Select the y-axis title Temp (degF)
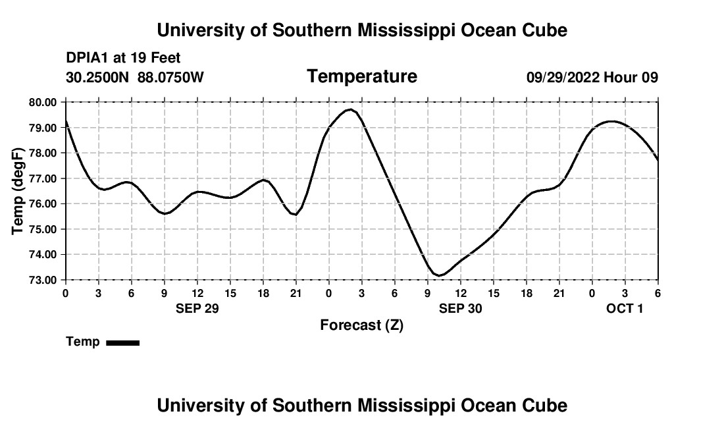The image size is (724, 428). click(x=18, y=191)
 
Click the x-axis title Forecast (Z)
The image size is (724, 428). click(x=361, y=325)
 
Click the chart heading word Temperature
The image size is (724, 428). click(x=362, y=76)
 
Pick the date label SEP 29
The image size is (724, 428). click(x=197, y=308)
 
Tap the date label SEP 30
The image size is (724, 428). click(x=461, y=308)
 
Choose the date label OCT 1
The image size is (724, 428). click(x=625, y=308)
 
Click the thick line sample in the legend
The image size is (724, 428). click(x=122, y=342)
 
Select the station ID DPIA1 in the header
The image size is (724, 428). click(x=88, y=59)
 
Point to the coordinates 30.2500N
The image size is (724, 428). click(x=99, y=78)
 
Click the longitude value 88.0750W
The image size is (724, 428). click(x=170, y=78)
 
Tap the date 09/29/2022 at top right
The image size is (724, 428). click(x=563, y=78)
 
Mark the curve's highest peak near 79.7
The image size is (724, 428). click(x=351, y=109)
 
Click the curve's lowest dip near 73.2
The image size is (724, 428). click(x=439, y=275)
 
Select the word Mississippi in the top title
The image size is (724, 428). click(x=388, y=30)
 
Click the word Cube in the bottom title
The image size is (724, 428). click(x=547, y=406)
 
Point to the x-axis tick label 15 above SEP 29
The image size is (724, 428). click(x=230, y=293)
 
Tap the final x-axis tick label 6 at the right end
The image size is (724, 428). click(x=658, y=293)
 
